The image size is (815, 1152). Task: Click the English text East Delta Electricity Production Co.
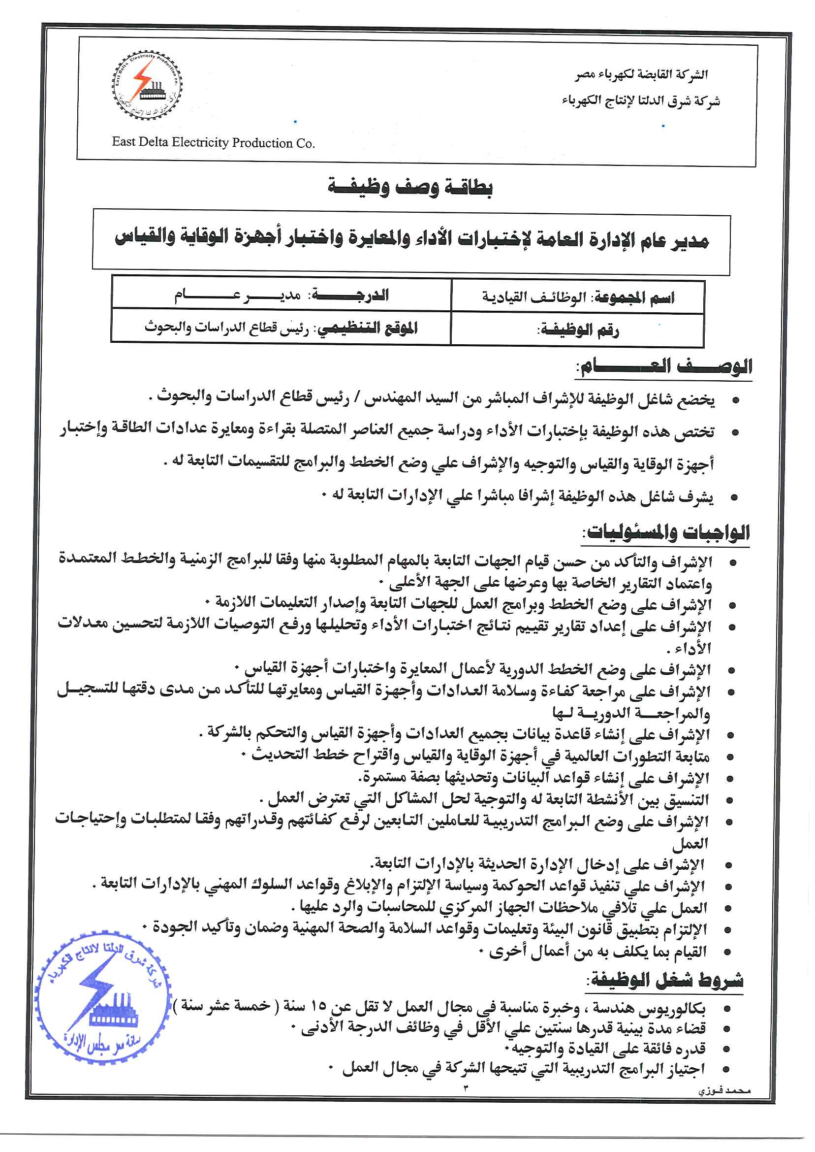[213, 143]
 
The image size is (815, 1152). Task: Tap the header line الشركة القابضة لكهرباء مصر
[641, 75]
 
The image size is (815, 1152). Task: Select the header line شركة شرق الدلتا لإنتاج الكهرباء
[640, 101]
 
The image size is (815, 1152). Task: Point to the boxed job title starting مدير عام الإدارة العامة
[411, 239]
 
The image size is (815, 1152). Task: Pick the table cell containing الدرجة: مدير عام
[282, 295]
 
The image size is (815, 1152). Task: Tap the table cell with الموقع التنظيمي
[281, 328]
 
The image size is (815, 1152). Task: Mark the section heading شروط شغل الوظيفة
[665, 979]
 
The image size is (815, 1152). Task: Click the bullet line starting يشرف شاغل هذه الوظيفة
[517, 496]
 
